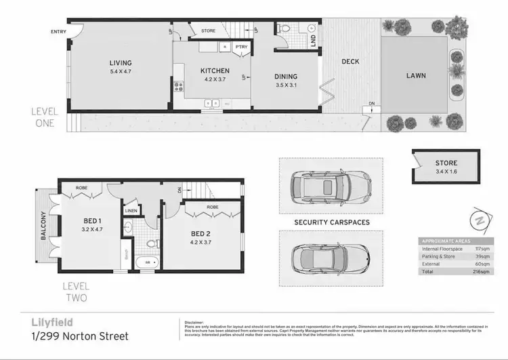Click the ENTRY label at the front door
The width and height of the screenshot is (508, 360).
(x=59, y=32)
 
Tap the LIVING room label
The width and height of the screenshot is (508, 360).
(x=121, y=64)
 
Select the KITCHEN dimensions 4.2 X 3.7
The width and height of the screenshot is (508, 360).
(x=215, y=79)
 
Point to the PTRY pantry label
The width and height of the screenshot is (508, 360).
(x=240, y=46)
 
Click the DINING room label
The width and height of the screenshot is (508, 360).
(x=285, y=77)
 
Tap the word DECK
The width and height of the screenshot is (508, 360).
(x=350, y=62)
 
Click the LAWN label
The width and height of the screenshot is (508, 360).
(x=416, y=76)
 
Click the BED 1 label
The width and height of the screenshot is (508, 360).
(x=92, y=221)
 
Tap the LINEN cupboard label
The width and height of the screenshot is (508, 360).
(x=131, y=210)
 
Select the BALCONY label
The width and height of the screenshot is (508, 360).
(x=43, y=226)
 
